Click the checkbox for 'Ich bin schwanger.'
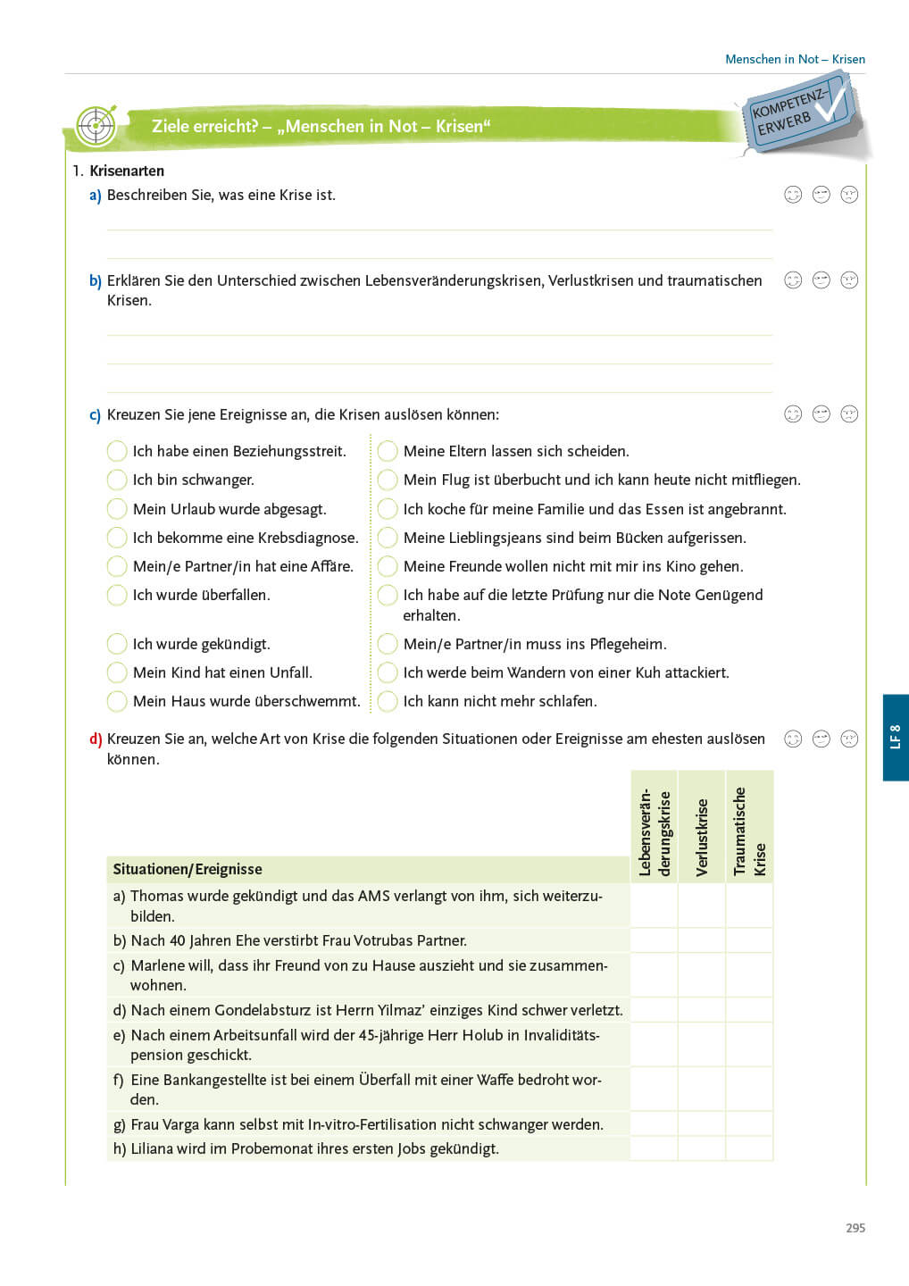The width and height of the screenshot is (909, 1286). coord(117,480)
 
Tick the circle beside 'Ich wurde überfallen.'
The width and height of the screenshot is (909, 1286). coord(117,595)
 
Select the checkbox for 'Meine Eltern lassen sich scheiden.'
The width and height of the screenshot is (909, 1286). coord(388,451)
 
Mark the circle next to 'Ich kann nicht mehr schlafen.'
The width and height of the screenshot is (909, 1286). coord(388,701)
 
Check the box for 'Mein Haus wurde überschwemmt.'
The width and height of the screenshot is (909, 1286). coord(117,701)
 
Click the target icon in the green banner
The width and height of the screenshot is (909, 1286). coord(96,126)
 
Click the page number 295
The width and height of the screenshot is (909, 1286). coord(855,1228)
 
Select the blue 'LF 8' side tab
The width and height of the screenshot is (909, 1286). coord(896,737)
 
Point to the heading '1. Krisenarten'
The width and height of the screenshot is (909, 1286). coord(118,171)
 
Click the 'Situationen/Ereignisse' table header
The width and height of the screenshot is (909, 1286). coord(188,869)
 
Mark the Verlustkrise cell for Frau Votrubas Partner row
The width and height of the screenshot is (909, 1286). coord(702,940)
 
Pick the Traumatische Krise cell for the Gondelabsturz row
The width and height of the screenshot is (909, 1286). coord(749,1010)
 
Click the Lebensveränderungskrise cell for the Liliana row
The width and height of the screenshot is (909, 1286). coord(654,1148)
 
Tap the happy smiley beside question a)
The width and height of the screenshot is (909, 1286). coord(793,195)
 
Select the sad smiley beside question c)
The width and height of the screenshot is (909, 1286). coord(849,413)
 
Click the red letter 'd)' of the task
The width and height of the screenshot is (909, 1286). coord(96,739)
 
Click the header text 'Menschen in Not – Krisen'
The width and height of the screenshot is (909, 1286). coord(795,59)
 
